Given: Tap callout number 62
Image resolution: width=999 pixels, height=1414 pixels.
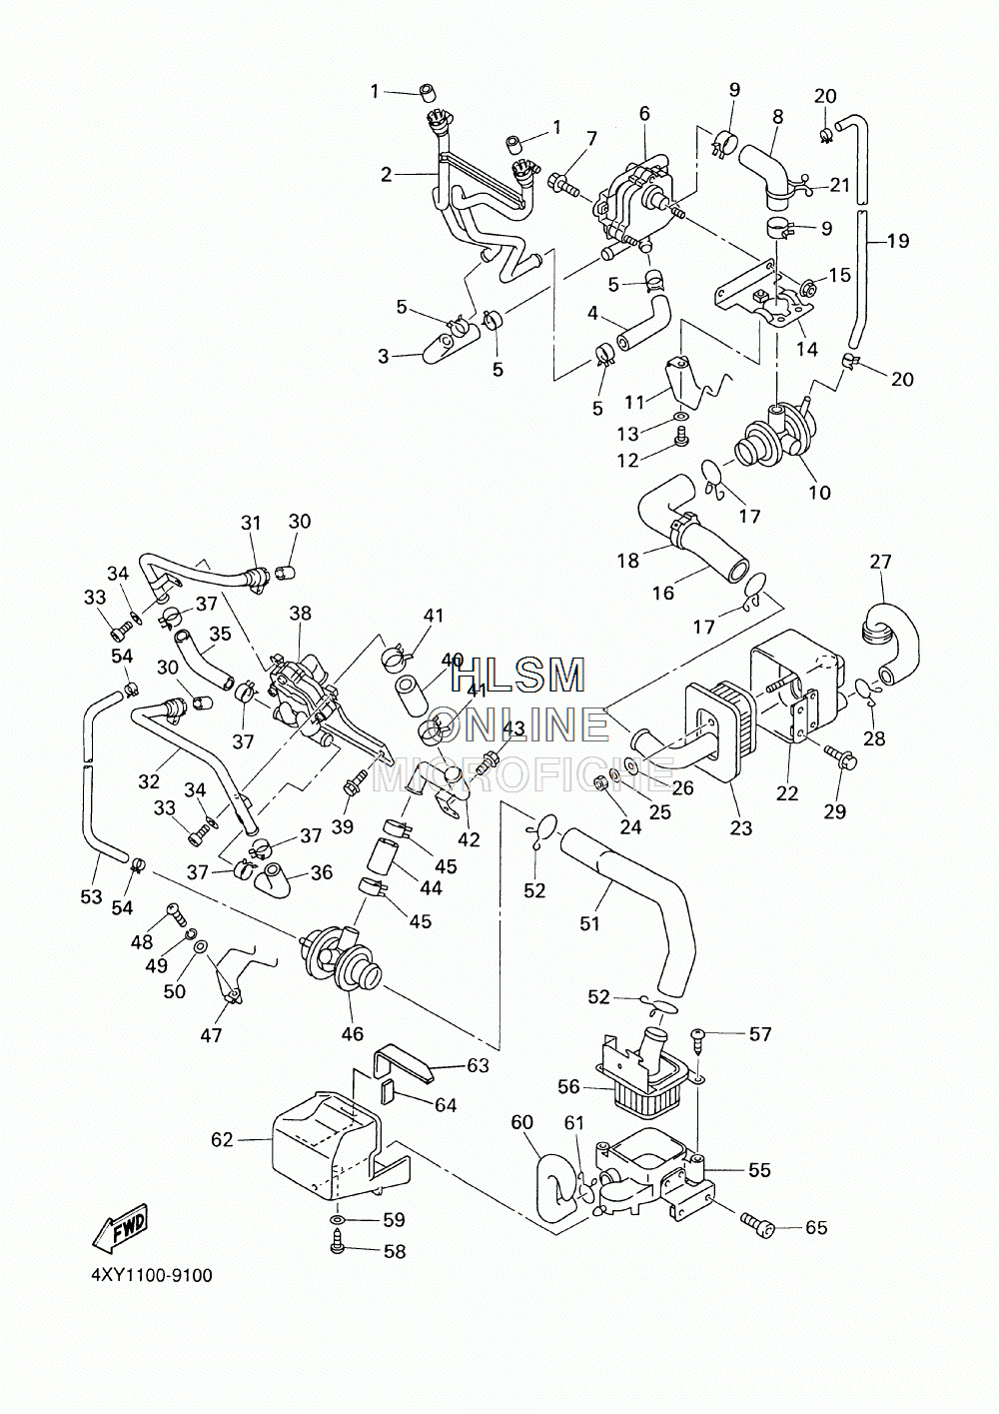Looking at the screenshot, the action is [x=222, y=1140].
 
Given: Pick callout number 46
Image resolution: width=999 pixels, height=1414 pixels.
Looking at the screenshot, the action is [x=352, y=1033].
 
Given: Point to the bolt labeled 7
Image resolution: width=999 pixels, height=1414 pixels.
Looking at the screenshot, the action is [x=564, y=183].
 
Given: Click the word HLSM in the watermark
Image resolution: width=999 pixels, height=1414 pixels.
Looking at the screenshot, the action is [x=519, y=676].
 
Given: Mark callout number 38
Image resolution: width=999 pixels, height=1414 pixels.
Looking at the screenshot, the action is [x=301, y=613].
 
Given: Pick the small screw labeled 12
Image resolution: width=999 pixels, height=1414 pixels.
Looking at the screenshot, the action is [x=680, y=438].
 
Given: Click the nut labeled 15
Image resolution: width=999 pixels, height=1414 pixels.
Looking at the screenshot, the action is [x=809, y=290].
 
